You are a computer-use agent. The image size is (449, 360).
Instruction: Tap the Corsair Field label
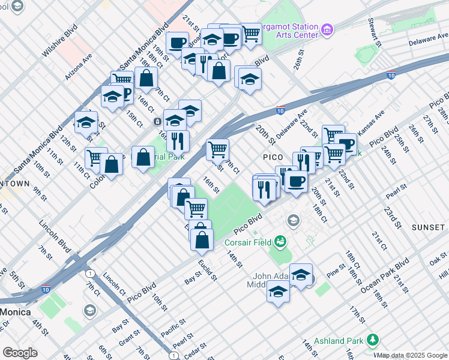tap(249, 242)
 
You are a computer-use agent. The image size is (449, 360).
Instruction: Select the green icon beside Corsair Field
tap(280, 242)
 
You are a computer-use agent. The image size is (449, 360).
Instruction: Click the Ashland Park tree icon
tap(373, 340)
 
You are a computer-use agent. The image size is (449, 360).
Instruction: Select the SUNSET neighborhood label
tap(429, 228)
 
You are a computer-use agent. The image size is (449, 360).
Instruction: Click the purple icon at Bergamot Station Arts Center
tap(327, 29)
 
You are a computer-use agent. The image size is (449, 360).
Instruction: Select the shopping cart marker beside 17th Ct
tap(217, 149)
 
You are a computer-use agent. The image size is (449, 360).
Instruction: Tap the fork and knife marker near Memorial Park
tap(177, 141)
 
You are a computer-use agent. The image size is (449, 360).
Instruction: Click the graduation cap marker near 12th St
tap(86, 122)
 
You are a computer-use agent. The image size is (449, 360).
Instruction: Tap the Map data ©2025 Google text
tap(412, 355)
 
